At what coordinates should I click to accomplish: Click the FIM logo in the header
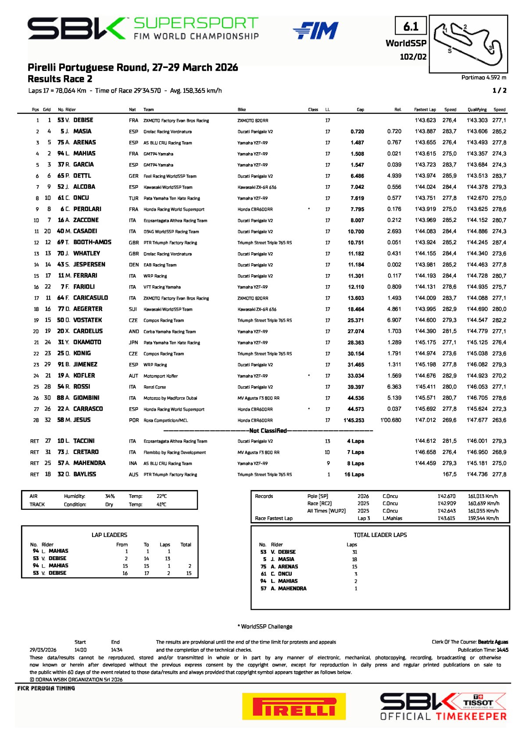click(315, 30)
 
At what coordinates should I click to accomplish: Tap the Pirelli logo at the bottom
click(293, 706)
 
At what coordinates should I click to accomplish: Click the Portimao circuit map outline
click(468, 43)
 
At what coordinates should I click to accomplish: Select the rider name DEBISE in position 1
click(83, 120)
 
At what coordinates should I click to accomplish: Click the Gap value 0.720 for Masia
click(357, 132)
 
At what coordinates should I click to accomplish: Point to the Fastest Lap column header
click(425, 110)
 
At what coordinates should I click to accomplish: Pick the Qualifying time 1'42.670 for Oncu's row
click(477, 198)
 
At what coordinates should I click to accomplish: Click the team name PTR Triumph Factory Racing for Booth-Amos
click(170, 243)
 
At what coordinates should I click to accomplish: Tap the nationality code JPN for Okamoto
click(133, 343)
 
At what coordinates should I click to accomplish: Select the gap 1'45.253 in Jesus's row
click(354, 420)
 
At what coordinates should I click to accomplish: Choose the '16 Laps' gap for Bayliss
click(354, 475)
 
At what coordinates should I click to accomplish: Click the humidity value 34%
click(110, 496)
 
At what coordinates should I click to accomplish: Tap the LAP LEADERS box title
click(109, 535)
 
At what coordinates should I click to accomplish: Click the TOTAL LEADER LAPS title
click(380, 535)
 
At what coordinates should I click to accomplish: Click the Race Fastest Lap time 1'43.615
click(446, 518)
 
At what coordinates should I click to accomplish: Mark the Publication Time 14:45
click(502, 650)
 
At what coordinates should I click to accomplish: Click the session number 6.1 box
click(411, 27)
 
